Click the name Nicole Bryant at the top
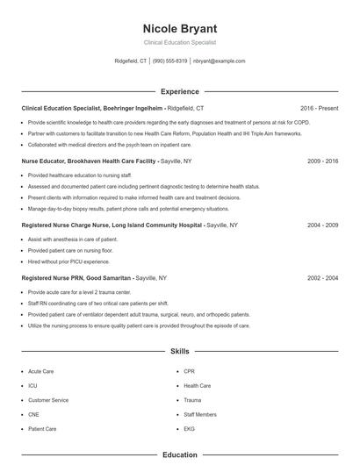point(179,28)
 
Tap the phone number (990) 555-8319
point(170,61)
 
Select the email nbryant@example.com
point(219,61)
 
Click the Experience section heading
point(179,91)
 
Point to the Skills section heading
point(179,351)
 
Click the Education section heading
point(179,455)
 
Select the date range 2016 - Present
point(319,108)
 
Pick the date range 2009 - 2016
point(322,161)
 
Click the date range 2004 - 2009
point(322,225)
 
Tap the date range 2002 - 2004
point(322,277)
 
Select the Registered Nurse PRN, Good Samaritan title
point(76,277)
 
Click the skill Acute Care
point(40,371)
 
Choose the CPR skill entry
point(190,371)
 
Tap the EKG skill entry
point(190,429)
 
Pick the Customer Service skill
point(48,400)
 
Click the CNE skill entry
point(34,414)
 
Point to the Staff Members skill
point(200,414)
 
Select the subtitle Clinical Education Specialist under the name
point(179,42)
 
